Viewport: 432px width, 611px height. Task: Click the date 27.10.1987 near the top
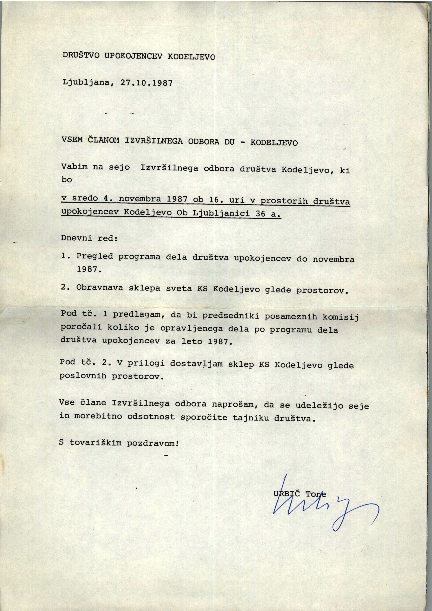(x=146, y=83)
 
